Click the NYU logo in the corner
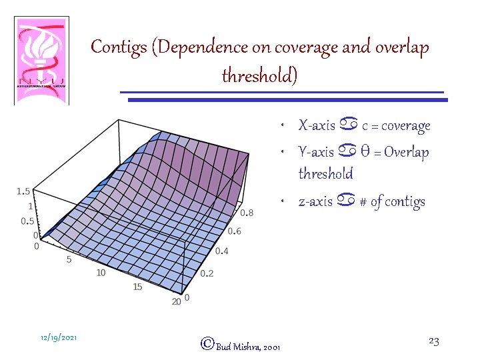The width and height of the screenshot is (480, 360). click(41, 61)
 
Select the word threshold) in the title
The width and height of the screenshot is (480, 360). click(259, 76)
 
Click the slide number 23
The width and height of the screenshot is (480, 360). click(433, 341)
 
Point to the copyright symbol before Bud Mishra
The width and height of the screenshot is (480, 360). click(207, 344)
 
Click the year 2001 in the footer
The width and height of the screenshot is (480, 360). click(272, 347)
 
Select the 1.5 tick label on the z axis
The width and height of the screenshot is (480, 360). click(23, 191)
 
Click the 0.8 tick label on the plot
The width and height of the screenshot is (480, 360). click(246, 213)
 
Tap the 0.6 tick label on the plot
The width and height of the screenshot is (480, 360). click(235, 231)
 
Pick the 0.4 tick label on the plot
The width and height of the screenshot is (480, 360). click(222, 251)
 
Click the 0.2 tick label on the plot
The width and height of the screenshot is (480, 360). click(207, 274)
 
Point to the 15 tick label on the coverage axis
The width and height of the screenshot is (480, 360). click(138, 287)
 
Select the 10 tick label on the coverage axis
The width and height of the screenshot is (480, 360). click(101, 273)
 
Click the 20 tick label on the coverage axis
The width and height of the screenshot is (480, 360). click(177, 302)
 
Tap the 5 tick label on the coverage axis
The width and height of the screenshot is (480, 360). click(69, 259)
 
